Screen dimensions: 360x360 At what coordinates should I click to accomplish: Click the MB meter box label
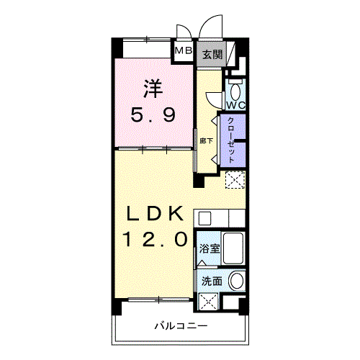click(x=184, y=50)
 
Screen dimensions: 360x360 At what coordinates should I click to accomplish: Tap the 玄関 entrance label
click(x=212, y=55)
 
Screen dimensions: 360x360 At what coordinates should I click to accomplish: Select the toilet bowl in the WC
click(x=235, y=91)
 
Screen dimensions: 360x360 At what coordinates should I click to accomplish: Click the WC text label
click(x=236, y=105)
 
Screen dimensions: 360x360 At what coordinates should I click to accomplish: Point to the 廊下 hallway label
click(x=206, y=140)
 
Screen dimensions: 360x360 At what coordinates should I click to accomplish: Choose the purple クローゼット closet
click(x=233, y=140)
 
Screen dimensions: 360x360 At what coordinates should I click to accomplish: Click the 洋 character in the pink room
click(x=153, y=89)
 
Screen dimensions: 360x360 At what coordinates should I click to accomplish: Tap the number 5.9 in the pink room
click(x=153, y=114)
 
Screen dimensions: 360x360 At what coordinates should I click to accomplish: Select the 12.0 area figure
click(x=155, y=239)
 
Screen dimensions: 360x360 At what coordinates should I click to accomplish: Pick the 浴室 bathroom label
click(x=210, y=248)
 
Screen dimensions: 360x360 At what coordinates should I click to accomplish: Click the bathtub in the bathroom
click(x=233, y=248)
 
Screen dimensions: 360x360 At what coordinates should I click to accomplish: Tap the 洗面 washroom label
click(x=212, y=282)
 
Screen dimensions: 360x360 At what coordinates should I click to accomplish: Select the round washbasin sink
click(x=237, y=281)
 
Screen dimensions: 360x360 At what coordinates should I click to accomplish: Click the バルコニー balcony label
click(x=181, y=326)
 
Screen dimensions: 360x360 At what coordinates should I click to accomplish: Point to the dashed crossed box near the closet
click(x=235, y=179)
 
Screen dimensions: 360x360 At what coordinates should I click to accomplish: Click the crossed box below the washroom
click(x=208, y=302)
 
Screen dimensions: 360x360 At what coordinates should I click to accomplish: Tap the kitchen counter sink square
click(x=204, y=218)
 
